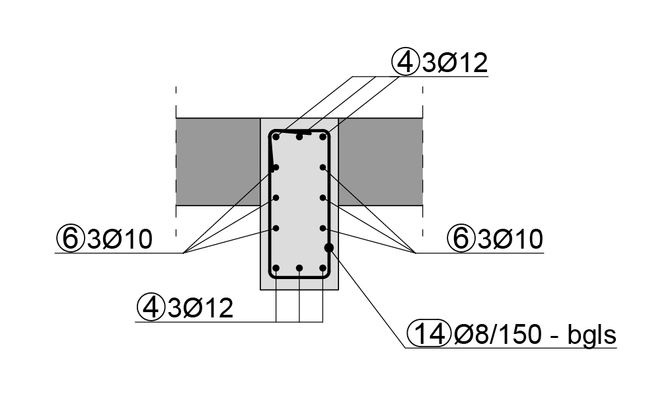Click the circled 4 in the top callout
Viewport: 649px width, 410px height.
coord(404,63)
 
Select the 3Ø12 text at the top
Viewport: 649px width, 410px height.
coord(455,63)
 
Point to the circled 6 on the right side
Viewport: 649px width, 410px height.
coord(460,239)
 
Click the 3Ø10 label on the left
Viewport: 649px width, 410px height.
coord(120,239)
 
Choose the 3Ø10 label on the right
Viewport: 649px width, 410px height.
coord(510,239)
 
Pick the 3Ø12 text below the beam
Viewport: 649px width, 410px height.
coord(200,308)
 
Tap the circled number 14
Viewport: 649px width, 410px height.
coord(429,334)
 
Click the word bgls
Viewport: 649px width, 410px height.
coord(592,335)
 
